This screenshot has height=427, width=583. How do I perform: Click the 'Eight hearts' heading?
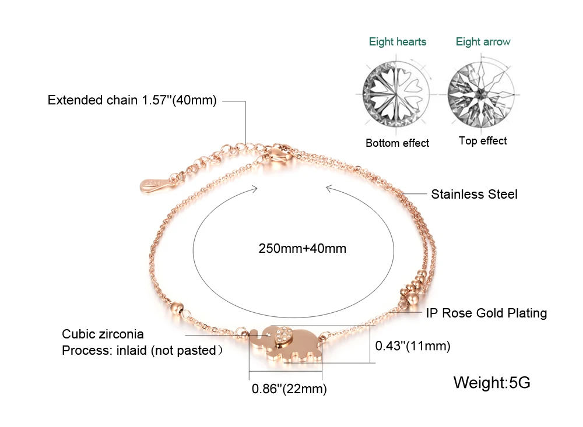(x=398, y=42)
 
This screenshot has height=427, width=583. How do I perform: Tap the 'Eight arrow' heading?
(x=483, y=42)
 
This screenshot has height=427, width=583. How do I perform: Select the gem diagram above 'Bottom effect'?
(x=396, y=94)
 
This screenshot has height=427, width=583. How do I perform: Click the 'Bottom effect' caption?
(x=397, y=143)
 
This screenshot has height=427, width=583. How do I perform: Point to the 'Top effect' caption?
(x=483, y=141)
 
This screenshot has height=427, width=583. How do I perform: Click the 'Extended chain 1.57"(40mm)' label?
(x=132, y=100)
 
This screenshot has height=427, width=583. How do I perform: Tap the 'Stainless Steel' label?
(x=474, y=195)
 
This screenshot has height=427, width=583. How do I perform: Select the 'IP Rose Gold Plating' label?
(x=486, y=313)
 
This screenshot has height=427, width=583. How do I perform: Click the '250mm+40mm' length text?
(x=302, y=248)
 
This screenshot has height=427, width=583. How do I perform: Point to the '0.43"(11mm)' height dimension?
(x=413, y=346)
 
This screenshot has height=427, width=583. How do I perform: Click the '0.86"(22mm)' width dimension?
(x=289, y=389)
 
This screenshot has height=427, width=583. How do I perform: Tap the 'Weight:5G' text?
(x=491, y=382)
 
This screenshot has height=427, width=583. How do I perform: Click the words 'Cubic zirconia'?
(x=103, y=334)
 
